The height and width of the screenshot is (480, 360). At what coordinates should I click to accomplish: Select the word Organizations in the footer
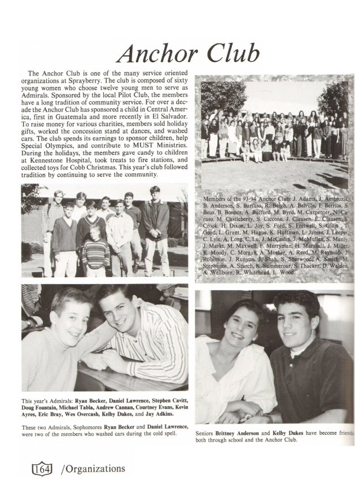pos(93,469)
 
